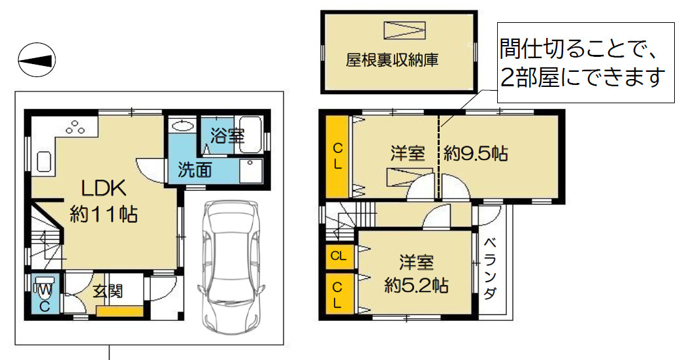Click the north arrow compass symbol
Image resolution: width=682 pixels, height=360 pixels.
[x=37, y=61]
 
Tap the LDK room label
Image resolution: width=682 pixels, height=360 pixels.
[x=103, y=188]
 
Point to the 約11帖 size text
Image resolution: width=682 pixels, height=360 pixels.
[x=104, y=214]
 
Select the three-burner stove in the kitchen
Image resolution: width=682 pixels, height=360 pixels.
[x=74, y=127]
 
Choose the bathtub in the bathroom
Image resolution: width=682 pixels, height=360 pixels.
[x=250, y=134]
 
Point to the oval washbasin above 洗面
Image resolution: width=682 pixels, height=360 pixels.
[x=184, y=126]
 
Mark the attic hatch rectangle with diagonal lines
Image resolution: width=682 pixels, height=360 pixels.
[x=404, y=31]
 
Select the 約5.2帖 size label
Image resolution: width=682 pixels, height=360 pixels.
[x=415, y=286]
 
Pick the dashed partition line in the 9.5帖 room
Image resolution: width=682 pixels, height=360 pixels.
[x=438, y=157]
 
